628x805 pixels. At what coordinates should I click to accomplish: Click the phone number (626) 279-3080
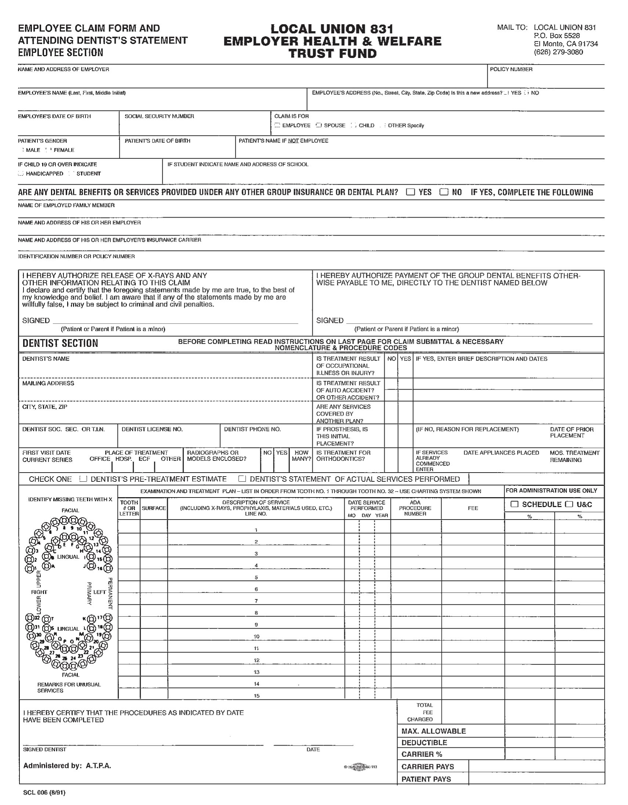click(x=558, y=52)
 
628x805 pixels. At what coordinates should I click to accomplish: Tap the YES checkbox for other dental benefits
click(x=410, y=192)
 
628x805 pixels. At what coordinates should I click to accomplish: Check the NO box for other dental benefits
click(x=444, y=192)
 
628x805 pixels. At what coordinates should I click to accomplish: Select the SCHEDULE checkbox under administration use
click(x=515, y=504)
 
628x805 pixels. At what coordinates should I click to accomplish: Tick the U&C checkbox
click(x=569, y=504)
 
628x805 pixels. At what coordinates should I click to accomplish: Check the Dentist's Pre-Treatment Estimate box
click(x=83, y=479)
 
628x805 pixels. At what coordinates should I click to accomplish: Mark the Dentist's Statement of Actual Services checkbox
click(x=242, y=479)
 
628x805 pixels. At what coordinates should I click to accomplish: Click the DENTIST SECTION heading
click(x=60, y=343)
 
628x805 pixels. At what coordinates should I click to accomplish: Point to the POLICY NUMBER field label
click(x=511, y=69)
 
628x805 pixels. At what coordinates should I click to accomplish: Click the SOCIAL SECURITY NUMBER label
click(x=159, y=116)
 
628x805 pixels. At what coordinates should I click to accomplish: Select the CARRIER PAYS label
click(x=427, y=767)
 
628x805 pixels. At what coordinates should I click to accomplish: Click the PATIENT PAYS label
click(x=426, y=779)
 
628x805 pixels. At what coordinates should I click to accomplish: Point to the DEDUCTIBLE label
click(x=424, y=743)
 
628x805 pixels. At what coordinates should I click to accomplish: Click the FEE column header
click(x=473, y=508)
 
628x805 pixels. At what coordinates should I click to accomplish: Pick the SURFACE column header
click(x=154, y=508)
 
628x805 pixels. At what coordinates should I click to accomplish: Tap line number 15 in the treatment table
click(x=257, y=696)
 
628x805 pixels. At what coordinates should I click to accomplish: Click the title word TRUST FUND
click(x=332, y=54)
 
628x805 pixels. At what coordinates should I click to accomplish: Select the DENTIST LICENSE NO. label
click(x=152, y=429)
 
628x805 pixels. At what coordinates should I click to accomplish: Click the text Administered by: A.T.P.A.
click(x=67, y=766)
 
